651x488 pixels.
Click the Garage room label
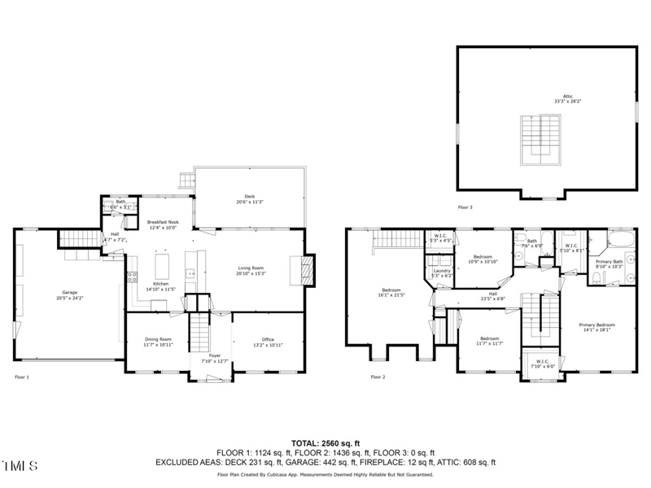coord(69,292)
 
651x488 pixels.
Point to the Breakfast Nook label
coord(162,221)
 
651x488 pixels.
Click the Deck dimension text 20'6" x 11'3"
coord(250,202)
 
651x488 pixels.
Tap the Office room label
coord(268,339)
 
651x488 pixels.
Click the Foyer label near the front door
coord(215,355)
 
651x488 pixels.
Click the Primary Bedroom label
coord(599,325)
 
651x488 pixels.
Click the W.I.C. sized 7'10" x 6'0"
coord(537,364)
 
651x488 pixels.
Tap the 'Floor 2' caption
coord(378,377)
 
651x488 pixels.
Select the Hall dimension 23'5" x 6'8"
coord(492,299)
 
